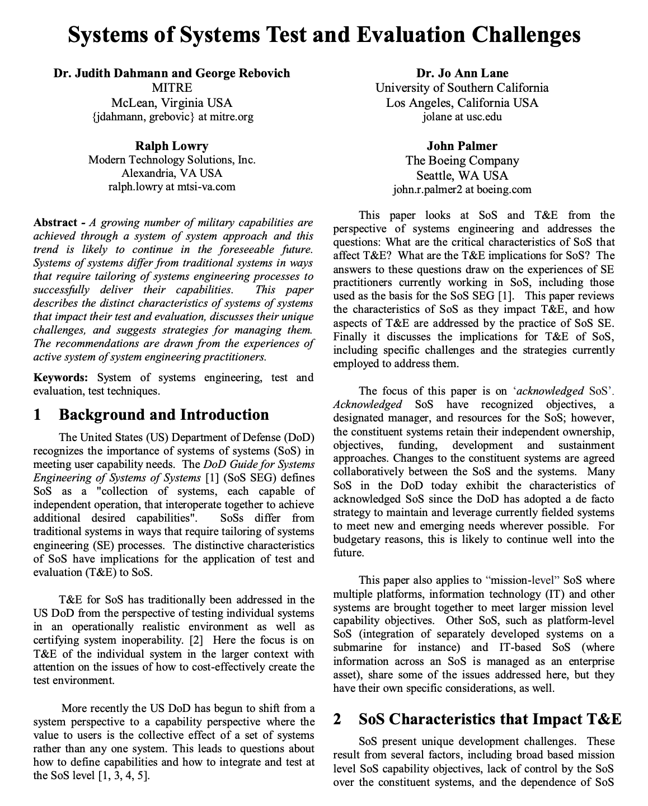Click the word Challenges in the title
(x=525, y=35)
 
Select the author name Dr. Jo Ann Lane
(x=462, y=73)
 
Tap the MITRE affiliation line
(x=172, y=88)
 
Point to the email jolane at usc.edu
(x=462, y=117)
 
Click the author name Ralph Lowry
(x=172, y=146)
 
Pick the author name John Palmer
(x=462, y=146)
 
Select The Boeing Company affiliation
(x=462, y=161)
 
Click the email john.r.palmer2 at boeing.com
(x=462, y=190)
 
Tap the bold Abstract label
(x=54, y=223)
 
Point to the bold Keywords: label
(x=60, y=378)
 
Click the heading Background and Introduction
(x=163, y=415)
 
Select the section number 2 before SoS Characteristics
(x=337, y=719)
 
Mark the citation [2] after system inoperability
(x=196, y=640)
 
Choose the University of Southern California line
(x=462, y=88)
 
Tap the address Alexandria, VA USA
(x=172, y=174)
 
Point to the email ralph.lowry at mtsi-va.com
(x=172, y=187)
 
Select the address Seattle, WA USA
(x=462, y=175)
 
